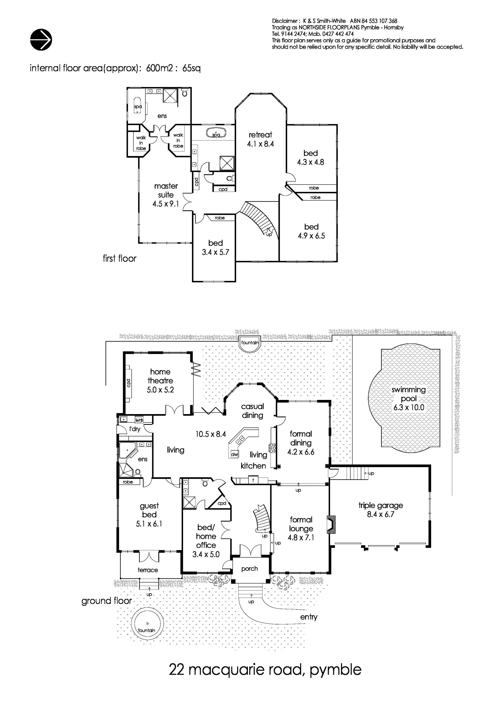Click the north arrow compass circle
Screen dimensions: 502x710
(41, 39)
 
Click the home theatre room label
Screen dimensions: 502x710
(160, 376)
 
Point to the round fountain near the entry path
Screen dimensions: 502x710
(147, 630)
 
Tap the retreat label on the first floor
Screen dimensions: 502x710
(260, 135)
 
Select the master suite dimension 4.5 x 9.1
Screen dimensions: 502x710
(166, 204)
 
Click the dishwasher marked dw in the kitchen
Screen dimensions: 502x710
(235, 454)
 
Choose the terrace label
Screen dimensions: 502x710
(148, 570)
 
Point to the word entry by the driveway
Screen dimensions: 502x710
(309, 617)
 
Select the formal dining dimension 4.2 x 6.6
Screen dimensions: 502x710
(301, 452)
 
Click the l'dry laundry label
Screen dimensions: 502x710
(135, 429)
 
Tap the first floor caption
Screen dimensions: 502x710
(119, 258)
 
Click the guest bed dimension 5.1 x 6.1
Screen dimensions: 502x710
(149, 524)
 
